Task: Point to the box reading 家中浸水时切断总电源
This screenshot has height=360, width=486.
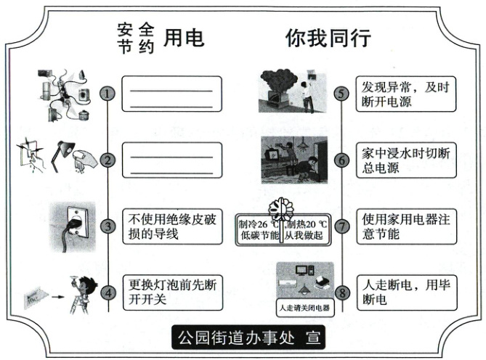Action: pyautogui.click(x=406, y=160)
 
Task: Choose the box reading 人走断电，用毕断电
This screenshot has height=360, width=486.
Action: pyautogui.click(x=406, y=292)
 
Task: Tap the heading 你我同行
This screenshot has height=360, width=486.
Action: pyautogui.click(x=328, y=37)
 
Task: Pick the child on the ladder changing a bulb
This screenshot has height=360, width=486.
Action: pyautogui.click(x=79, y=294)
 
